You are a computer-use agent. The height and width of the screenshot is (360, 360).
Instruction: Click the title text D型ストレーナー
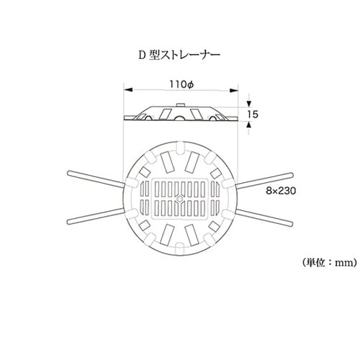click(179, 55)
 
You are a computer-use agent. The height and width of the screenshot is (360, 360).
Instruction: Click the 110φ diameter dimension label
click(181, 84)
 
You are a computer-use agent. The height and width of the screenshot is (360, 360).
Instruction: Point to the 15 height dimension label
click(253, 114)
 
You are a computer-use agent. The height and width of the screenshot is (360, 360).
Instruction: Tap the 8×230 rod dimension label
click(281, 191)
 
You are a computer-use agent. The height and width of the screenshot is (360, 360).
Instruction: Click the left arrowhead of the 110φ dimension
click(128, 90)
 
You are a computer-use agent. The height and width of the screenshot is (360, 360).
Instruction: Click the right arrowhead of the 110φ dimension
click(234, 90)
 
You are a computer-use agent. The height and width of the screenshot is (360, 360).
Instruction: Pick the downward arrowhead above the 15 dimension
click(249, 104)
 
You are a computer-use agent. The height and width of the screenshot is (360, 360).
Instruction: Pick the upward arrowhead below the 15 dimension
click(249, 125)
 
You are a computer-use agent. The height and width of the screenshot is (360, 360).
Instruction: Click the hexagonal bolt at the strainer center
click(180, 199)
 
